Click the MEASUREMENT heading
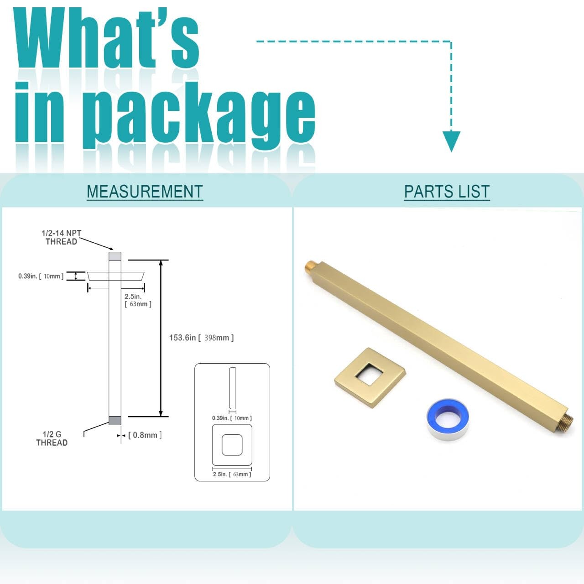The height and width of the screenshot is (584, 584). pos(145,192)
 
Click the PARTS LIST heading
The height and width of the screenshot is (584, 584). pos(447,192)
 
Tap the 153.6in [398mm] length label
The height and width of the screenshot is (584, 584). pos(201,338)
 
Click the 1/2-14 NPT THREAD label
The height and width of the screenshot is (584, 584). pos(62,237)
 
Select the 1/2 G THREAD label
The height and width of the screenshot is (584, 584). pos(52,438)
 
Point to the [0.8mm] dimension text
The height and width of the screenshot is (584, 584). pos(145,435)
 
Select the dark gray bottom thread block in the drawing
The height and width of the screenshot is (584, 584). pos(115,421)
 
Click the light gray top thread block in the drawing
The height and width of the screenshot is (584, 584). pos(115,256)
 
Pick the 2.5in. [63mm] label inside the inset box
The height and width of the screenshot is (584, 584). pos(232,474)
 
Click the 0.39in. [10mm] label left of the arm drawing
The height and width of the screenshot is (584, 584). pos(41,276)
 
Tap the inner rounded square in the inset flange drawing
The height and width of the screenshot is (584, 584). pos(232,445)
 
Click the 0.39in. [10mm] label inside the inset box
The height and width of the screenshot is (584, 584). pos(232,418)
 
